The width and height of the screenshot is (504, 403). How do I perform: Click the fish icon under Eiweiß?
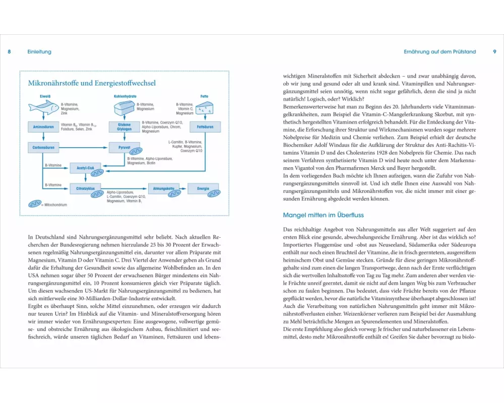coord(44,107)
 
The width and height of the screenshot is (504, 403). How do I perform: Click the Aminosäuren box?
coord(43,127)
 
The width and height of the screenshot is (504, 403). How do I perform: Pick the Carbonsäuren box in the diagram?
coord(43,148)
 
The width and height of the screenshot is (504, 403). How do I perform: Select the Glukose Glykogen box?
coord(124,127)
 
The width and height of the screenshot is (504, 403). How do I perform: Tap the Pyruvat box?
coord(124,148)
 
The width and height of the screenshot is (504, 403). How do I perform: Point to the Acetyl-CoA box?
coord(86,168)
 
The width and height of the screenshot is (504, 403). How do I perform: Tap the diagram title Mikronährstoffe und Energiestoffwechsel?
coord(92,83)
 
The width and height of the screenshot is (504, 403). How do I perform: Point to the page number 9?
coord(494,52)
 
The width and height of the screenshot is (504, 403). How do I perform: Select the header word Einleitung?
coord(39,52)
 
